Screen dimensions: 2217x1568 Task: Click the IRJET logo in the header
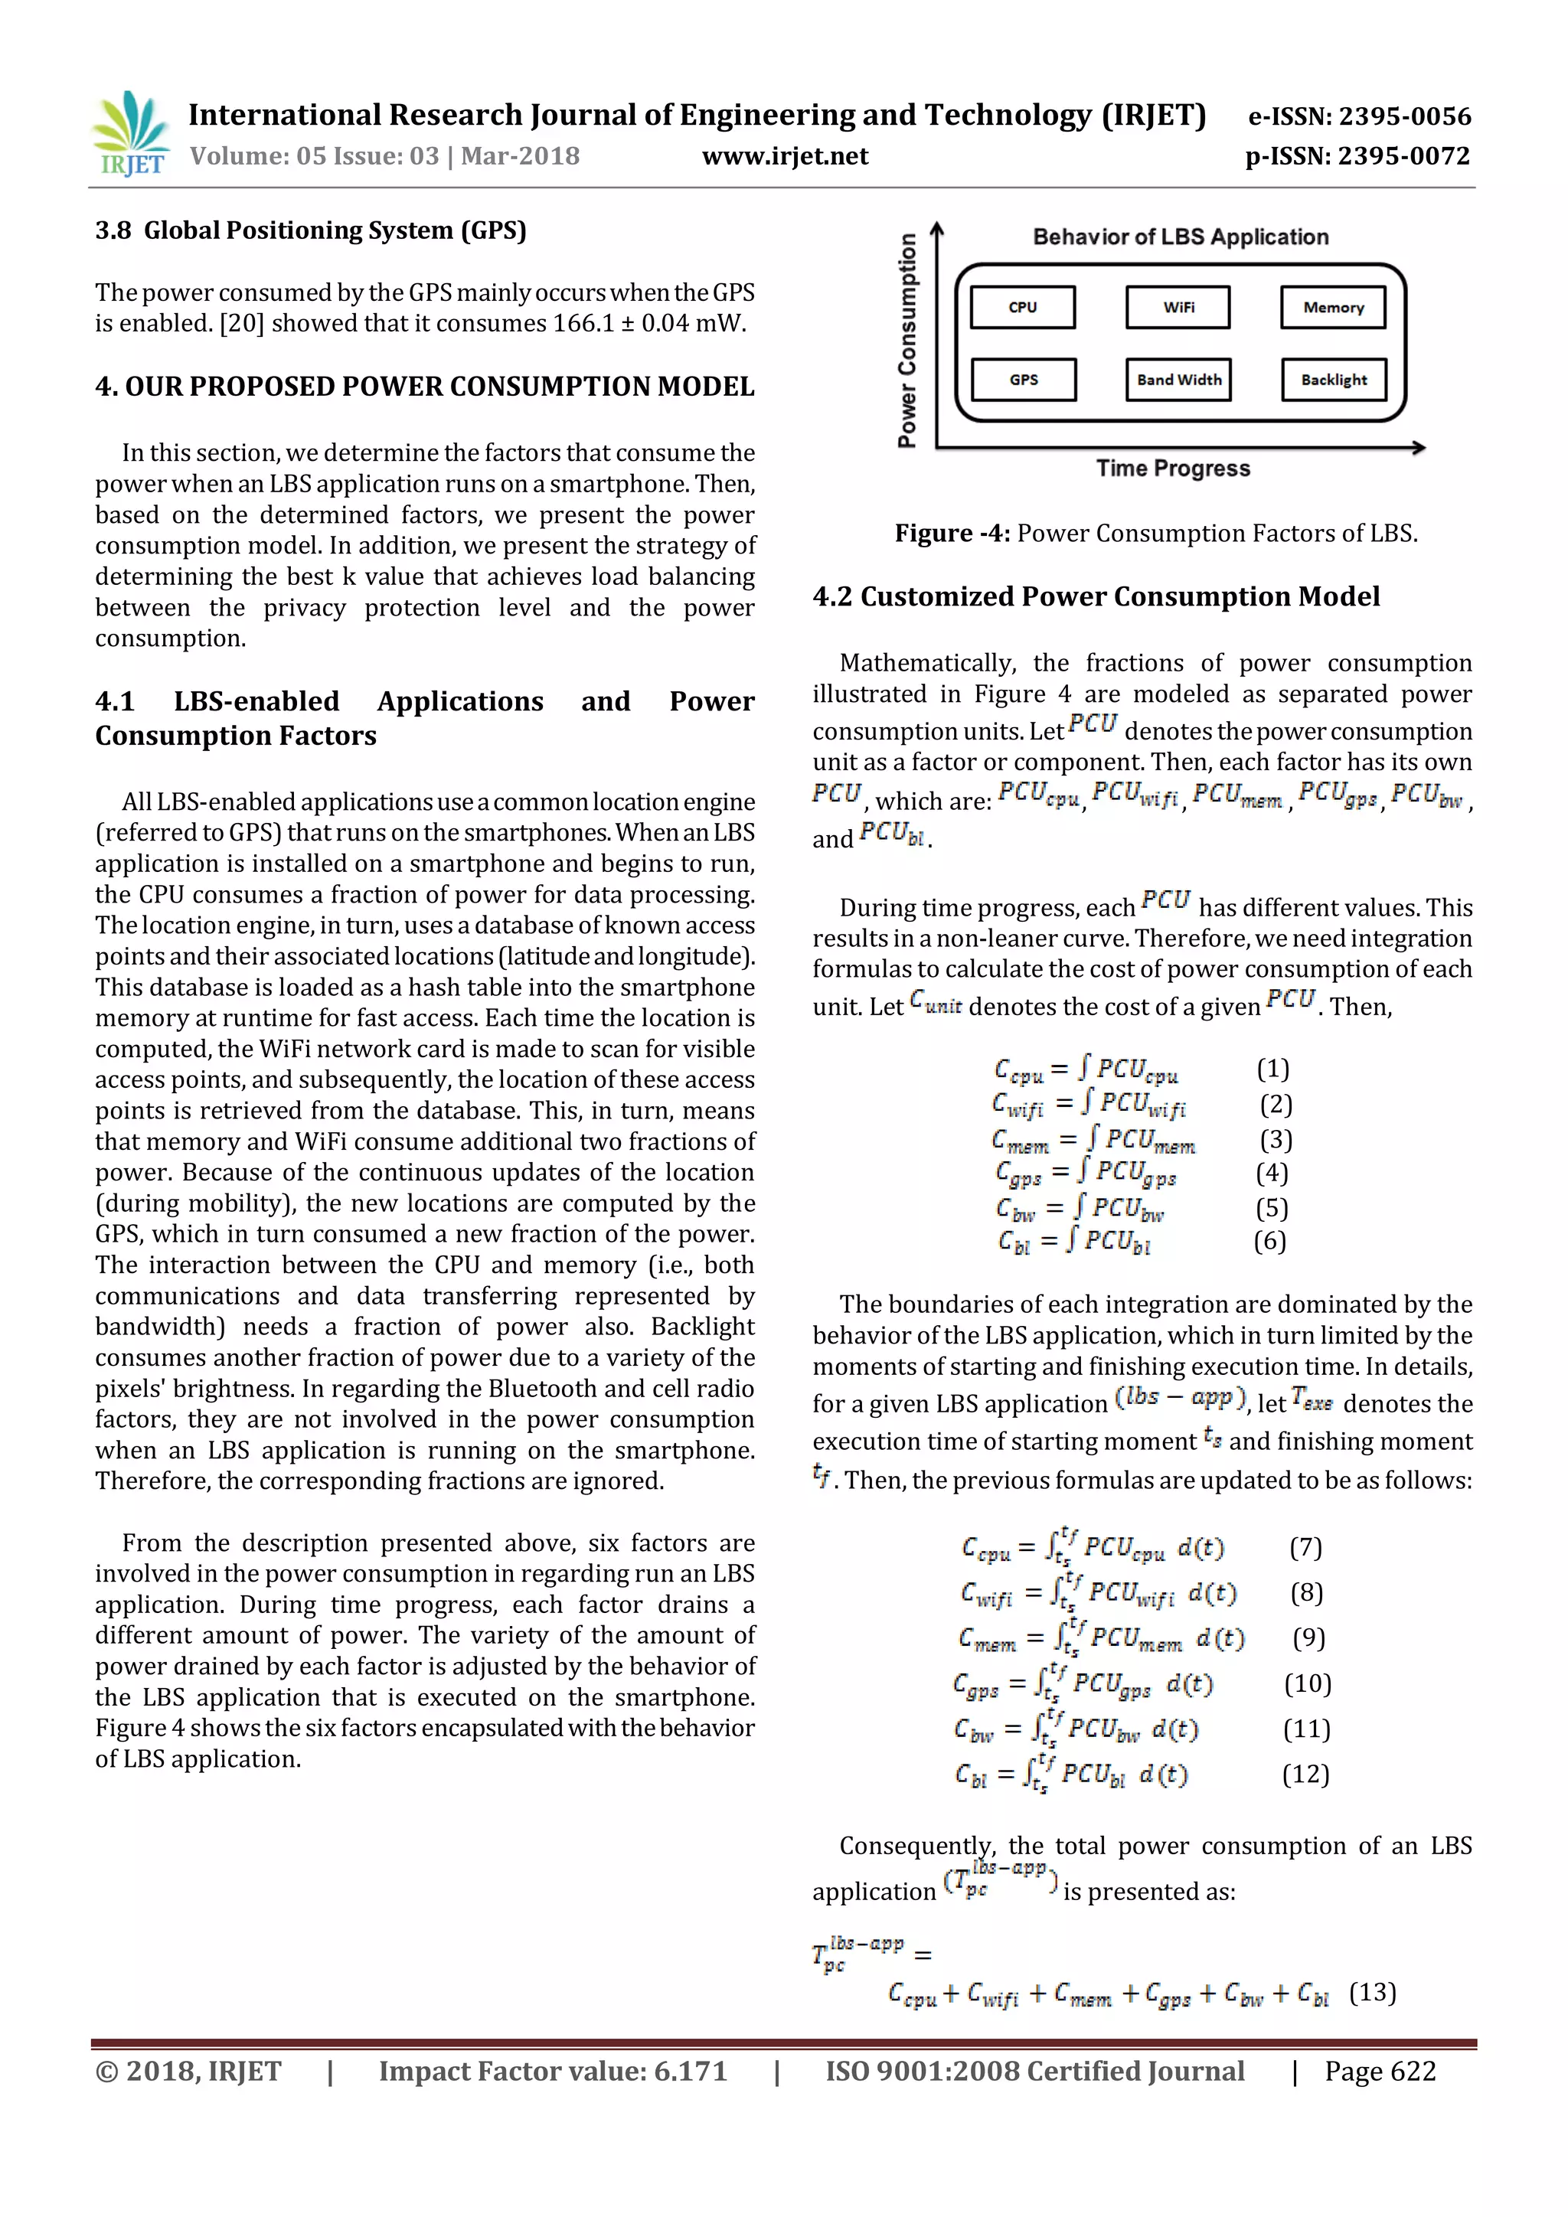(130, 134)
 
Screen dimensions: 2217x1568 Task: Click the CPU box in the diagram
(1022, 307)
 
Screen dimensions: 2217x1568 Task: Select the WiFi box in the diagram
(1178, 307)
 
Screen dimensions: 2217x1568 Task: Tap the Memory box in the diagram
(1334, 307)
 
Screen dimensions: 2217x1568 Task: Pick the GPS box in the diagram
(1024, 380)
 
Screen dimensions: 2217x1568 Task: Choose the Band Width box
(1178, 380)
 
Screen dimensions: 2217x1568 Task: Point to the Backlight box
(1334, 380)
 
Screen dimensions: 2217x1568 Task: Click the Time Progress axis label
(1173, 469)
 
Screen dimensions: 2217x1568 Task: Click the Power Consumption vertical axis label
(906, 341)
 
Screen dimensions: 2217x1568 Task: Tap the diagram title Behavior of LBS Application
(1180, 237)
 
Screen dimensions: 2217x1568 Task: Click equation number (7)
(1305, 1548)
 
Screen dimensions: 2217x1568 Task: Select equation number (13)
(1372, 1992)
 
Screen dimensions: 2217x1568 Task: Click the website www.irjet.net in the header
(785, 156)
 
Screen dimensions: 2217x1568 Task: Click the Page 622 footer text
(1380, 2072)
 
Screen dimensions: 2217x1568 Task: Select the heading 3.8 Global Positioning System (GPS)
(311, 230)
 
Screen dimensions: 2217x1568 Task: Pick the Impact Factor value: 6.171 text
(552, 2072)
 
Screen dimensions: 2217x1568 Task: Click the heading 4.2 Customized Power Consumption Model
(1096, 596)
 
